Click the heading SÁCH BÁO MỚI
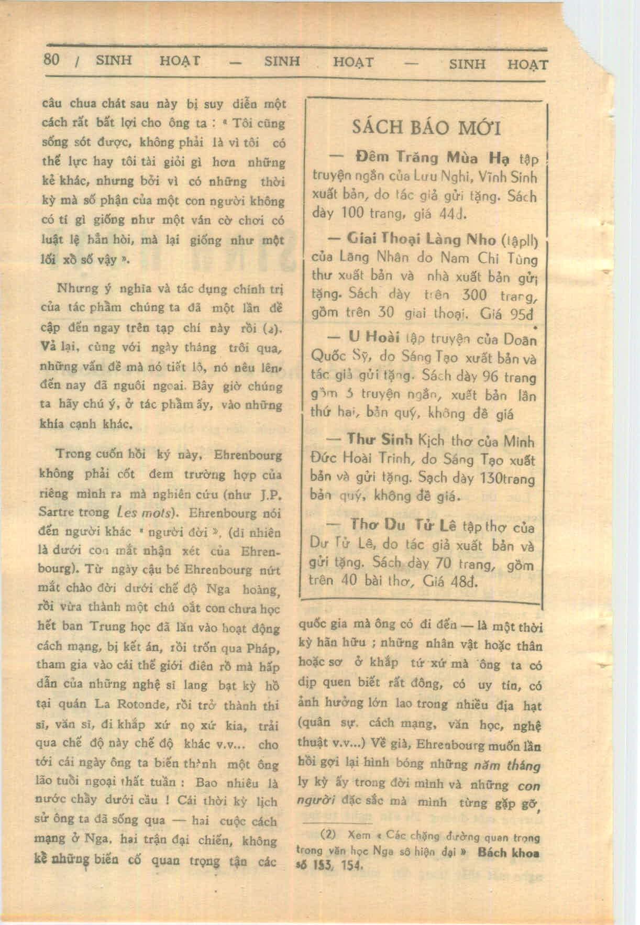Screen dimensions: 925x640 coord(426,127)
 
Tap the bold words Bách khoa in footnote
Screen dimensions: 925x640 coord(508,852)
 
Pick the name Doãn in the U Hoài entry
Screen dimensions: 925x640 coord(520,339)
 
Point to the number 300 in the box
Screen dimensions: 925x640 coord(475,295)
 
